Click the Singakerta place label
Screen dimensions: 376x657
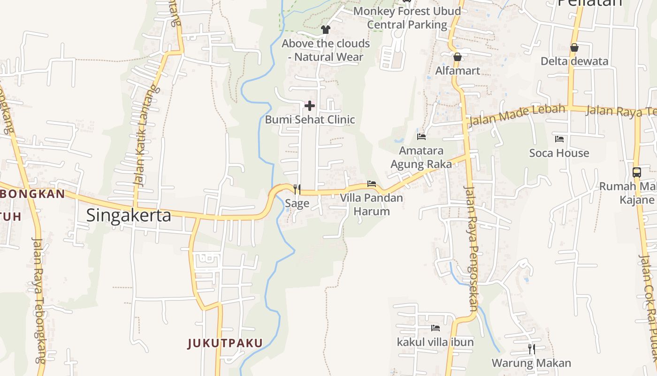click(x=129, y=215)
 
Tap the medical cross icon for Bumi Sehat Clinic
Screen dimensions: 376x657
click(x=310, y=106)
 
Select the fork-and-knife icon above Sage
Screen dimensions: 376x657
click(x=297, y=189)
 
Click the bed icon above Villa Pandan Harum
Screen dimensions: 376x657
click(x=372, y=184)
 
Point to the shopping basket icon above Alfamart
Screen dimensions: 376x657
click(x=458, y=57)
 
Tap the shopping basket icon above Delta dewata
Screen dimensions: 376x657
click(x=574, y=47)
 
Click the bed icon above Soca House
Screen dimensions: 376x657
click(x=559, y=139)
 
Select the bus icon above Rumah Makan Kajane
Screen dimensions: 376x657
click(x=637, y=172)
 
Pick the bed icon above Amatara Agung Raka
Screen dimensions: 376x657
click(x=421, y=137)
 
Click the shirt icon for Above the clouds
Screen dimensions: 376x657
click(x=326, y=30)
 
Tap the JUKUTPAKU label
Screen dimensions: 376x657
click(x=225, y=343)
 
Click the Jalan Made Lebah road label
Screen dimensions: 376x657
click(x=516, y=116)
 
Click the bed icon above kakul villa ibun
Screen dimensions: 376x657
click(x=435, y=328)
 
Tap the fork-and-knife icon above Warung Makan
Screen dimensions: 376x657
click(x=531, y=349)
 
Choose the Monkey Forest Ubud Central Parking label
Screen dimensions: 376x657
click(x=407, y=17)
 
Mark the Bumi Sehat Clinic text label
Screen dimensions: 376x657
click(x=310, y=119)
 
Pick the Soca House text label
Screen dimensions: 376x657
click(x=559, y=153)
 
